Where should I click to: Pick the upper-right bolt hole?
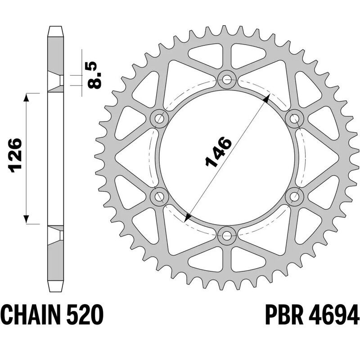(x=294, y=119)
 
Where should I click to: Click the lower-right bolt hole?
(x=294, y=196)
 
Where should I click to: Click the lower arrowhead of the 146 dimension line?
(x=188, y=217)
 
